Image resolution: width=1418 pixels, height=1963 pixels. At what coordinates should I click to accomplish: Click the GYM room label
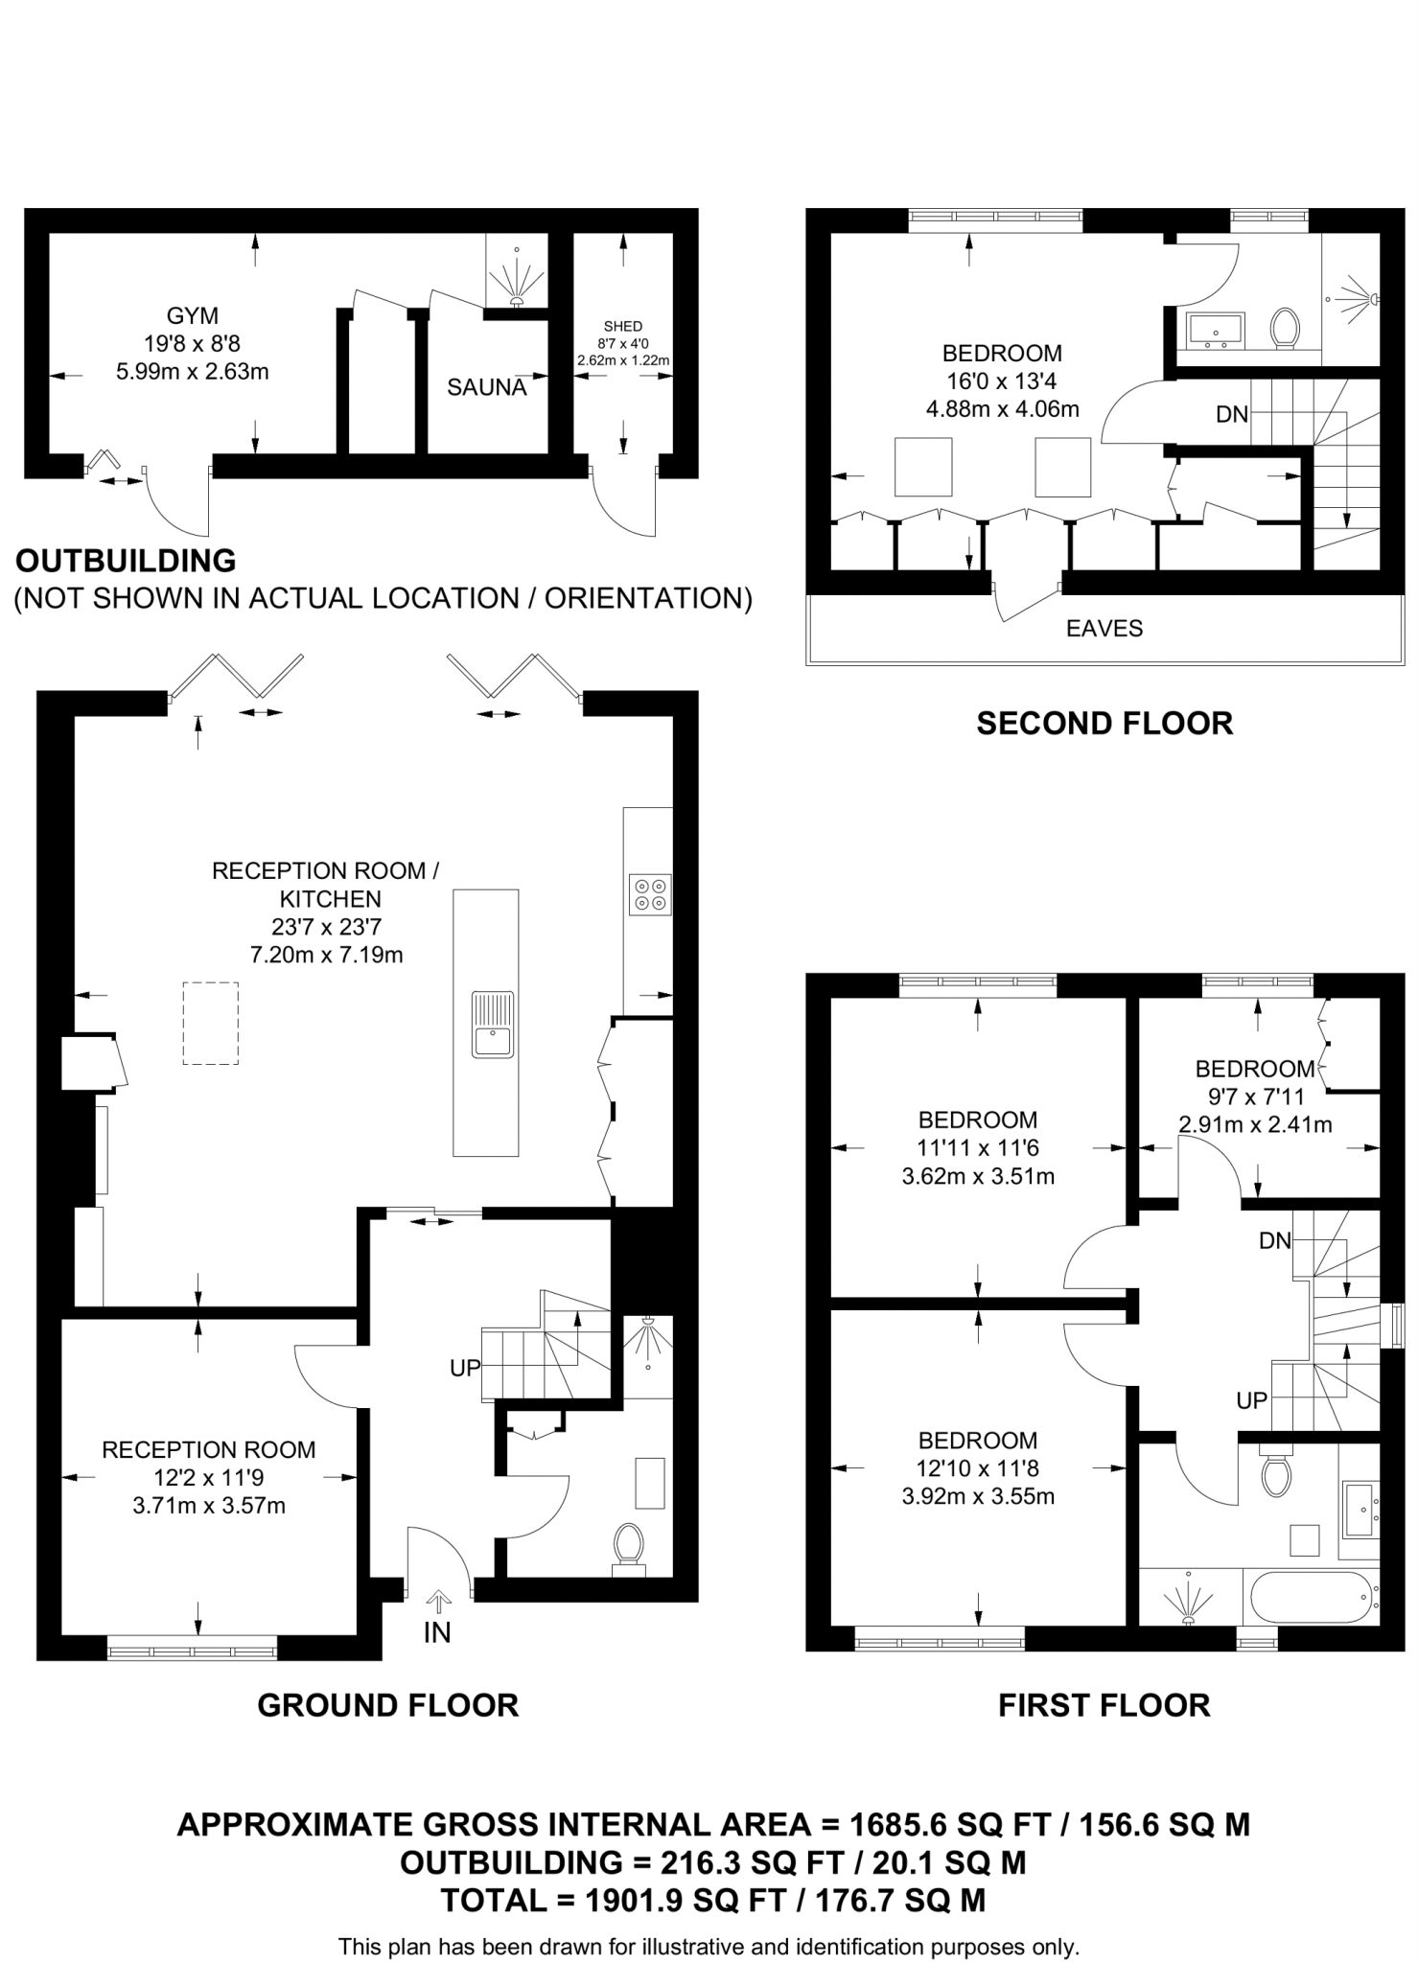[x=192, y=315]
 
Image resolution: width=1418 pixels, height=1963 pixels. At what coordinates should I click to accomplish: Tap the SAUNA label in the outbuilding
[x=486, y=388]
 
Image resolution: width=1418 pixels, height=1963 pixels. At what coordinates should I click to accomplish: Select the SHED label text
[x=623, y=327]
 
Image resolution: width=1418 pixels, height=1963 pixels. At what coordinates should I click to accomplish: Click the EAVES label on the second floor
[x=1104, y=629]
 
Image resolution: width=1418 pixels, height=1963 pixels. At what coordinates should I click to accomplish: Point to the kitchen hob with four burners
[x=649, y=894]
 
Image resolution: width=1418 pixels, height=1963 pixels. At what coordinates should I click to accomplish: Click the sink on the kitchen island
[x=492, y=1025]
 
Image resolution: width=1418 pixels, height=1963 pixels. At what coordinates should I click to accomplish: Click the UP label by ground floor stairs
[x=465, y=1369]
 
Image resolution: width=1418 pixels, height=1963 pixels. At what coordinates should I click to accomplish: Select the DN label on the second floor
[x=1232, y=414]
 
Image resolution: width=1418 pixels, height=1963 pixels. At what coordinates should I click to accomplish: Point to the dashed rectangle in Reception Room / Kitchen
[x=211, y=1023]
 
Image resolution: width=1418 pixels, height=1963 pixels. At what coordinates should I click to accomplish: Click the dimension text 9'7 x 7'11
[x=1254, y=1096]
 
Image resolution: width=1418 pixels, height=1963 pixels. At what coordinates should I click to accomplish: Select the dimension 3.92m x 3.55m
[x=978, y=1495]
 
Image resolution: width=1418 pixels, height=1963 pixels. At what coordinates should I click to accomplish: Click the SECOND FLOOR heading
[x=1104, y=724]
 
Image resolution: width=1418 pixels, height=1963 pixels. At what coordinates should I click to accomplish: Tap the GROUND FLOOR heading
[x=388, y=1705]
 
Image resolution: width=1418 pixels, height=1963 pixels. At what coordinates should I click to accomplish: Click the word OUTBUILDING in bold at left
[x=126, y=561]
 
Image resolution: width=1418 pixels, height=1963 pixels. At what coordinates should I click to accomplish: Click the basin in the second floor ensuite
[x=1215, y=328]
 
